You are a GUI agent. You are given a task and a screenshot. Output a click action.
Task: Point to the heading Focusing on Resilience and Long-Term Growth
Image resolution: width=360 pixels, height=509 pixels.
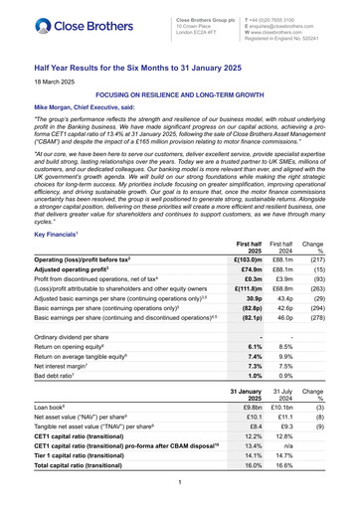179,92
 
